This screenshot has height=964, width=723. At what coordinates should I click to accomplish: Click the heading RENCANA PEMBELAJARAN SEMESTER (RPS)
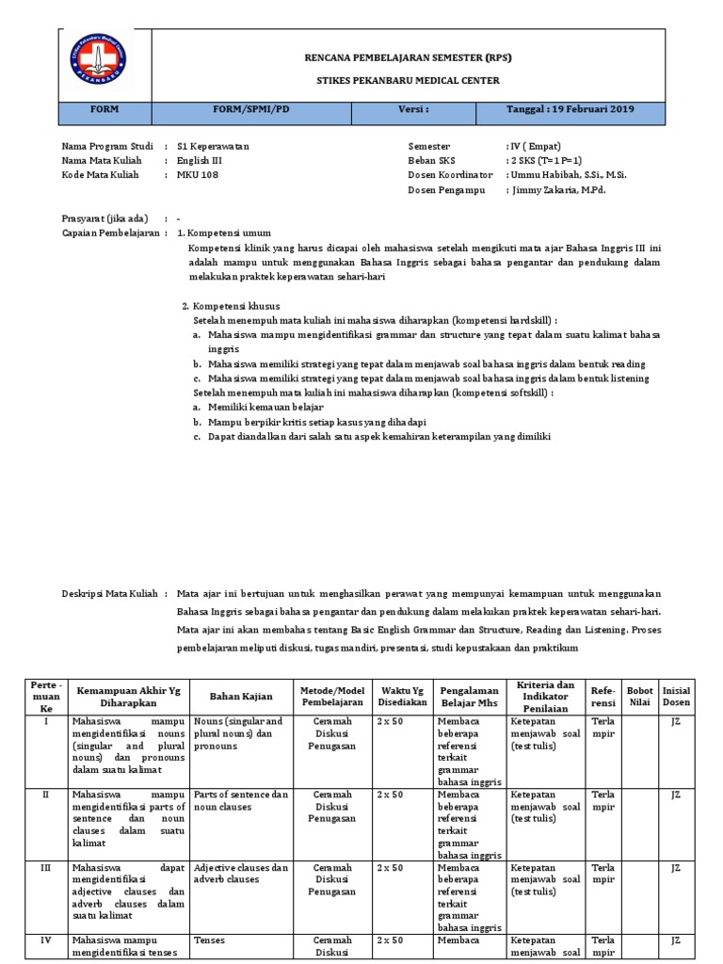click(408, 58)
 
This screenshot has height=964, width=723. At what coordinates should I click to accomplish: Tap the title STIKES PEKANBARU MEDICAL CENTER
click(408, 81)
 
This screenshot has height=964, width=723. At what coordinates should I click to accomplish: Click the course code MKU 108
click(198, 175)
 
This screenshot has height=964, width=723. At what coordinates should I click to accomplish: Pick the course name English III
click(201, 161)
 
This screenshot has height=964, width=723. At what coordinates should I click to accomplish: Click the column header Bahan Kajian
click(242, 696)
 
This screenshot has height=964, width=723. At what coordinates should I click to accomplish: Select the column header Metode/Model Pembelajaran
click(331, 696)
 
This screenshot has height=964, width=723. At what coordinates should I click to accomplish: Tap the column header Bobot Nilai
click(639, 696)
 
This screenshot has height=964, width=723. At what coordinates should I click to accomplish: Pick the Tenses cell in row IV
click(210, 940)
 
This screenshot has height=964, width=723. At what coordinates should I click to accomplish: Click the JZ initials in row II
click(675, 795)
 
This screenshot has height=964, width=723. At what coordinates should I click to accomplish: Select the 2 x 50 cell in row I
click(390, 721)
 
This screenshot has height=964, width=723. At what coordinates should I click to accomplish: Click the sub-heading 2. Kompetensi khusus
click(230, 306)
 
